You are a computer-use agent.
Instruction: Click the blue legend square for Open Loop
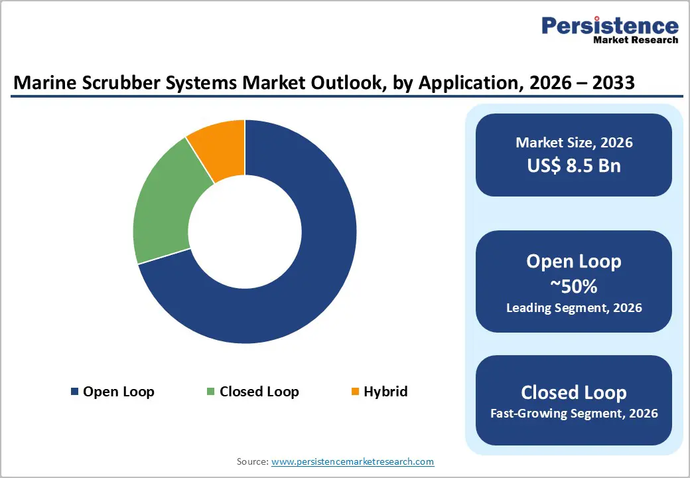(74, 392)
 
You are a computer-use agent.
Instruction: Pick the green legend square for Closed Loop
(211, 392)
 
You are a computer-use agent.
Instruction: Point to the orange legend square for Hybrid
(355, 392)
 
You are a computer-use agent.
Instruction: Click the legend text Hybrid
(385, 392)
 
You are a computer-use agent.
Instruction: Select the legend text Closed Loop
(259, 392)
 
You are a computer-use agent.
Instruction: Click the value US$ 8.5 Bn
(574, 165)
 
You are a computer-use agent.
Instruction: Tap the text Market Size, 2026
(574, 143)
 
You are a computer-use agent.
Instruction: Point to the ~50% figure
(574, 286)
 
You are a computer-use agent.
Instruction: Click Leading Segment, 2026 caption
(574, 308)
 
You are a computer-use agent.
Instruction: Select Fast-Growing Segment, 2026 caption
(574, 414)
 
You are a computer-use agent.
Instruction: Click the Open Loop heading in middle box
(574, 261)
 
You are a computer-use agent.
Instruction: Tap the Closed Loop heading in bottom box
(574, 392)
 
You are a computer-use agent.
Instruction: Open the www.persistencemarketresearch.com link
(353, 461)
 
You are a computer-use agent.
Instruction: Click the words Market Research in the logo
(635, 40)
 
